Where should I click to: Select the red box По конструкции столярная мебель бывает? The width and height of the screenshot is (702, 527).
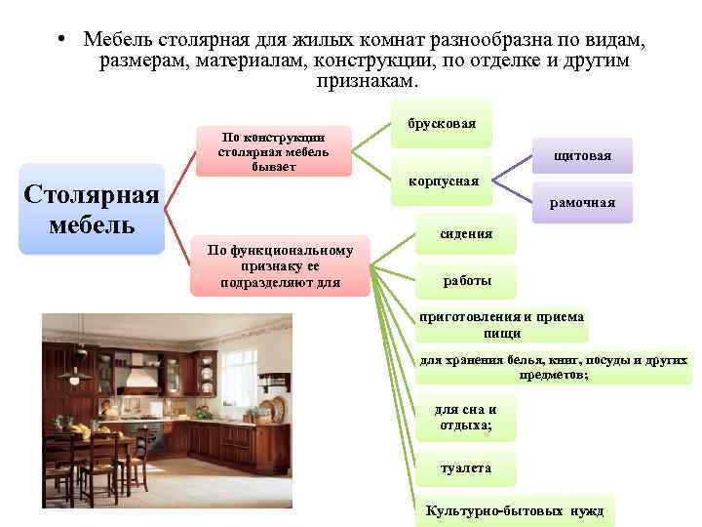(273, 151)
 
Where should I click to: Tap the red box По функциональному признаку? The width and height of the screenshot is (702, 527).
(280, 265)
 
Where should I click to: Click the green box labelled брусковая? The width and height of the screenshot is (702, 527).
(442, 124)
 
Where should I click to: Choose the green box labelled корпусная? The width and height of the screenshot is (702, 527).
(442, 181)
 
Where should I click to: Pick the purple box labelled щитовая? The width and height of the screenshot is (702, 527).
(582, 155)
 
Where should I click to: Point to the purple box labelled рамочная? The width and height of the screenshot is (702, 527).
(582, 203)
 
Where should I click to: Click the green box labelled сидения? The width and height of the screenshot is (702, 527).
(467, 234)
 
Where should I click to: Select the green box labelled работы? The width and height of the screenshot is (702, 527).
(467, 281)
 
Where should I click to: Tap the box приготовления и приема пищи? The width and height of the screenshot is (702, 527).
(501, 325)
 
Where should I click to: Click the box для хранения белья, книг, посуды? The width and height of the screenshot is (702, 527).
(554, 367)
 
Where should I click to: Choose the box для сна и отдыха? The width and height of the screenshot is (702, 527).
(465, 418)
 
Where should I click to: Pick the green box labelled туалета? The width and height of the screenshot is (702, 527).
(465, 468)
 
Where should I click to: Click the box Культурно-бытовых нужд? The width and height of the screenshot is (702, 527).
(515, 511)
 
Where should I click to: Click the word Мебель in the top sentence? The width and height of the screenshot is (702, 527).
(115, 39)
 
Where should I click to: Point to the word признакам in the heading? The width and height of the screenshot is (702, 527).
(365, 82)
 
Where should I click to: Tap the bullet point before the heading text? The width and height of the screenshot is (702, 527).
(60, 39)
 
